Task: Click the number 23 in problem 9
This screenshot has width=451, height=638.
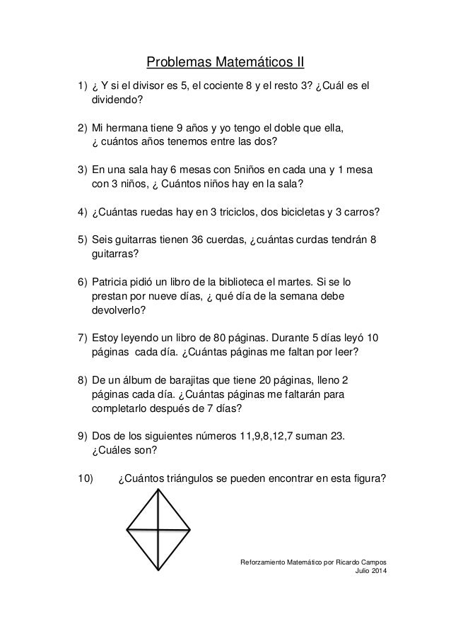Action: click(x=338, y=435)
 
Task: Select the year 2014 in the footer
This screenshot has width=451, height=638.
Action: click(x=380, y=572)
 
